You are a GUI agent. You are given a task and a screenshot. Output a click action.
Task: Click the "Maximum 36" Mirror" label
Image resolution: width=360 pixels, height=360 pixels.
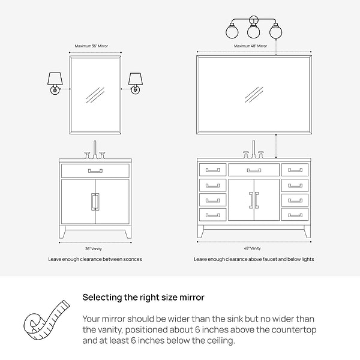click(95, 46)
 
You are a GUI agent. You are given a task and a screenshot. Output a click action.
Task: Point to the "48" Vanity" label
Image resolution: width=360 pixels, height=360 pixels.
click(252, 248)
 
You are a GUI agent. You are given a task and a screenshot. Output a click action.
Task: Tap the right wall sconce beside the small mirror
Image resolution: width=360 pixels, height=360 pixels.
click(135, 82)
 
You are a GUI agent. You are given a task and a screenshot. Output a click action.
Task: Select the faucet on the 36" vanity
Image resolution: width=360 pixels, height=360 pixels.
click(95, 151)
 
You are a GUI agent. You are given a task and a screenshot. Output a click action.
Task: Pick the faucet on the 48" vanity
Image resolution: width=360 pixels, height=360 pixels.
click(253, 151)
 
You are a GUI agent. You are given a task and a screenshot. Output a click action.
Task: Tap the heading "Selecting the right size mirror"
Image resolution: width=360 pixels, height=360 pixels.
click(143, 297)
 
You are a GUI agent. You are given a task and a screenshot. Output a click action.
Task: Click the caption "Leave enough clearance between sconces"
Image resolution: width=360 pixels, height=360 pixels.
click(95, 259)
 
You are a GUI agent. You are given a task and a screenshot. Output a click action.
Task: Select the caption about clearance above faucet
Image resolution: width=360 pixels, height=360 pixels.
click(254, 259)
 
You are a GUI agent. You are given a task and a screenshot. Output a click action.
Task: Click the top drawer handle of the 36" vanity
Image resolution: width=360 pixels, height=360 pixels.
click(95, 171)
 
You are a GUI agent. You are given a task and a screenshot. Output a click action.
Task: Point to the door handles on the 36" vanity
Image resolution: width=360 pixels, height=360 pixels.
click(95, 202)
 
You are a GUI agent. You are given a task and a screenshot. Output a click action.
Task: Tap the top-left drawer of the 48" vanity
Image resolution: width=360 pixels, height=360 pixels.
click(212, 170)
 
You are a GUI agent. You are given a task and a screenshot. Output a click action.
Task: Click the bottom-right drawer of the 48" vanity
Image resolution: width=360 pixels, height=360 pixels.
click(295, 214)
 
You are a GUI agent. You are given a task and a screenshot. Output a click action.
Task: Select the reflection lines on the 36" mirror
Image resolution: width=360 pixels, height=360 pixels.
click(95, 95)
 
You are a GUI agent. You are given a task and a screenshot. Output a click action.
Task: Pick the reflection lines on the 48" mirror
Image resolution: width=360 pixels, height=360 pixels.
click(254, 94)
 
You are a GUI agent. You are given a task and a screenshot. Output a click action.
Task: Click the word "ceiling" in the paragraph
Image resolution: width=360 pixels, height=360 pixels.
click(215, 341)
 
